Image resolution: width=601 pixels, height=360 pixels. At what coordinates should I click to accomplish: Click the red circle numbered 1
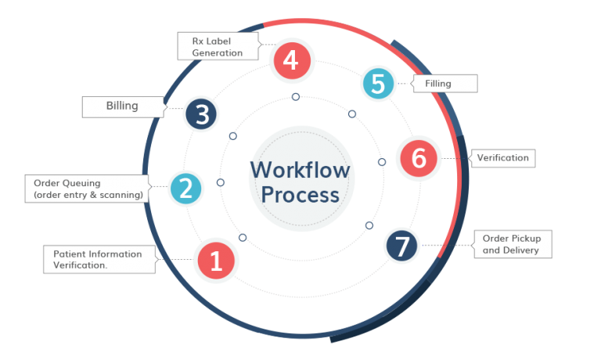217,261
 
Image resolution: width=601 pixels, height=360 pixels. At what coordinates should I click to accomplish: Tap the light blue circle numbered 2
186,188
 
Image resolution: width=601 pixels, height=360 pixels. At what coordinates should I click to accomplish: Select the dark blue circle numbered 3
201,114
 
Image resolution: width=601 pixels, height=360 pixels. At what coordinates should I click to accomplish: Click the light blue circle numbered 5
378,83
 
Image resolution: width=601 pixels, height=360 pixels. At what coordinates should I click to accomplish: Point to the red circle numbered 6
419,158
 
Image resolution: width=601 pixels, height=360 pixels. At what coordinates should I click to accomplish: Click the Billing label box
122,106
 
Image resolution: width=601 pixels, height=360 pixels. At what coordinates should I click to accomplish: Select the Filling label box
444,83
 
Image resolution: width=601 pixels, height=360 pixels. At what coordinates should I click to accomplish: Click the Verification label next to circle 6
502,158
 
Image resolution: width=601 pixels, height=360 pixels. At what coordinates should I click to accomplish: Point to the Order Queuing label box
88,189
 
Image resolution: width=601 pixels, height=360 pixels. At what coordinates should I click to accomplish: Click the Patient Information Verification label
98,259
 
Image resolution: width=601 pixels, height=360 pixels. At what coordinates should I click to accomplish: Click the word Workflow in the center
300,170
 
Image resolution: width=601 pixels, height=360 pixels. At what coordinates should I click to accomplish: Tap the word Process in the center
300,194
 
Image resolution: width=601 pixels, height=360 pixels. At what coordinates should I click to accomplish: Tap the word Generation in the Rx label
218,53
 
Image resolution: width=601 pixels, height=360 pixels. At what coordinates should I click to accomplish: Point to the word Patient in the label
69,254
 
